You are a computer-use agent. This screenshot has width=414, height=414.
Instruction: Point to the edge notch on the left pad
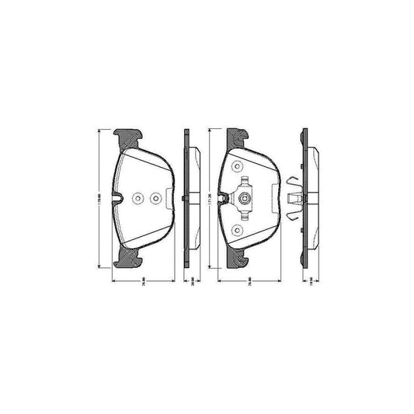coord(117,199)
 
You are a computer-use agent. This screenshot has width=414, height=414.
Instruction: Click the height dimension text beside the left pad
coord(99,199)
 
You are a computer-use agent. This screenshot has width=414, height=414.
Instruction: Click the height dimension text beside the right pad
coord(211,199)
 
